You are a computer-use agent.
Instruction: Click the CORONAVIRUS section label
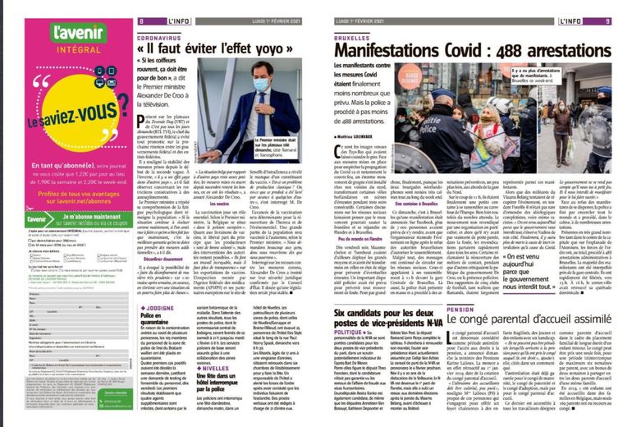(158, 38)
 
